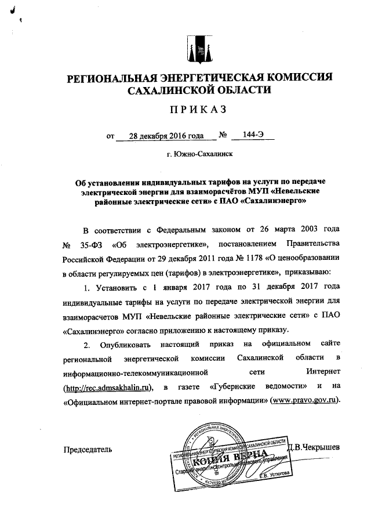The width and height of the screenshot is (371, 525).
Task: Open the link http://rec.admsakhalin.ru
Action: point(111,388)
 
